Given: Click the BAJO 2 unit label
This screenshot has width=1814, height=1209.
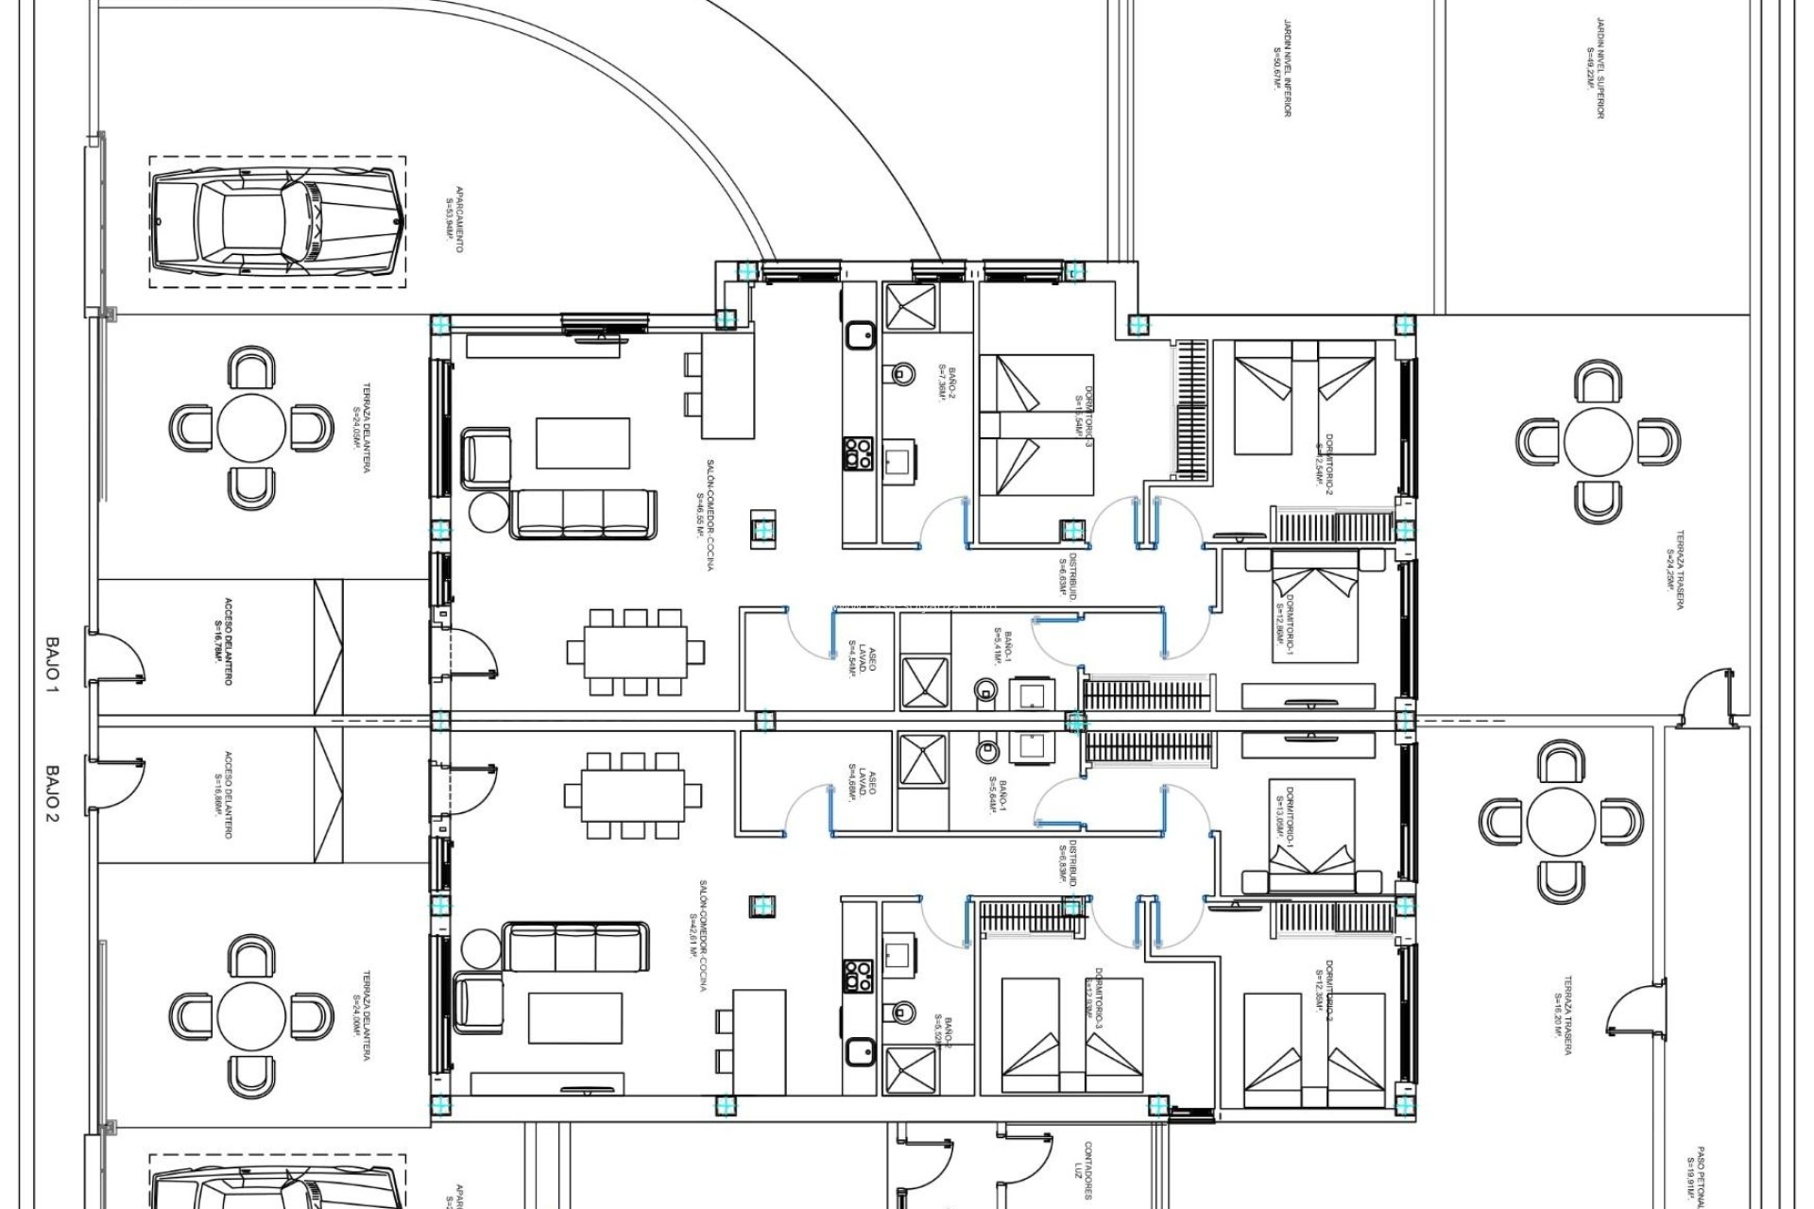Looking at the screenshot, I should [x=51, y=792].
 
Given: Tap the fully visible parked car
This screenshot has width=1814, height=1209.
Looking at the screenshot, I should [x=279, y=222].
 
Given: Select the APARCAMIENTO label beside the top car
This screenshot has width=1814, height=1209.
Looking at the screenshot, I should [x=453, y=219].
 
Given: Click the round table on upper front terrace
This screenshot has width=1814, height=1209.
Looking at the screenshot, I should [x=251, y=428].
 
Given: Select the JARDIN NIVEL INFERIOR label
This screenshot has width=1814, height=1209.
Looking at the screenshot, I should [x=1282, y=68].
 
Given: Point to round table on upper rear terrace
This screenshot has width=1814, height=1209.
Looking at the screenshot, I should [x=1599, y=441].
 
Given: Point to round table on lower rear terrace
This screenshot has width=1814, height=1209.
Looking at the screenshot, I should [x=1561, y=821].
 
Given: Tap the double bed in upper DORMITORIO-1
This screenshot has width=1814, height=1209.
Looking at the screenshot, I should [x=1314, y=612].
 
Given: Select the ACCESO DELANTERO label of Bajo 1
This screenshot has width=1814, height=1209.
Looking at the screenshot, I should [x=223, y=642].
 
